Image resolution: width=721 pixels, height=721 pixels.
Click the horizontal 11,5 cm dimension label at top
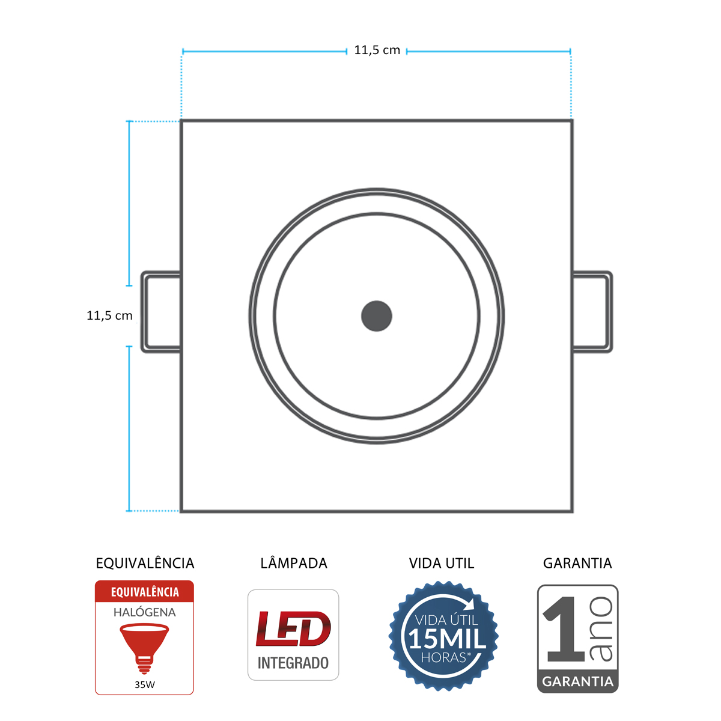click(x=377, y=50)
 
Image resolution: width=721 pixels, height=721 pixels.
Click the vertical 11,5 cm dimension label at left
click(x=109, y=315)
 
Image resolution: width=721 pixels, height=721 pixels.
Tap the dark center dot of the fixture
click(x=377, y=316)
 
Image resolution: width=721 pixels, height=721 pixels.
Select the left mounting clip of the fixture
click(x=160, y=311)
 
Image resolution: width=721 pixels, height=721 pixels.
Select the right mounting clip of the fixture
click(x=593, y=311)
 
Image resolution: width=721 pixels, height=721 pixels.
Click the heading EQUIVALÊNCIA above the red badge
click(x=145, y=564)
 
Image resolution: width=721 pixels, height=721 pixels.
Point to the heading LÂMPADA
click(x=294, y=564)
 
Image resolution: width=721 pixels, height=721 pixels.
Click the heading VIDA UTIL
click(x=442, y=564)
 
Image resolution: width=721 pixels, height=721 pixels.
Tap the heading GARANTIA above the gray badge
click(x=577, y=564)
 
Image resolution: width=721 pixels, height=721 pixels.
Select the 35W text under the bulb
click(x=145, y=684)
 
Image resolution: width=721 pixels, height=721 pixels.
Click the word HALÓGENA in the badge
click(x=145, y=612)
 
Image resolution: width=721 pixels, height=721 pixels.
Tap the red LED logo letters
click(x=293, y=628)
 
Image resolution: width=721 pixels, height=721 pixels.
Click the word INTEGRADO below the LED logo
click(x=293, y=663)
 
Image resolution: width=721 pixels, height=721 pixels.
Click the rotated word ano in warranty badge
click(x=601, y=629)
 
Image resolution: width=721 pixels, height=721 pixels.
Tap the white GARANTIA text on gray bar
click(x=577, y=682)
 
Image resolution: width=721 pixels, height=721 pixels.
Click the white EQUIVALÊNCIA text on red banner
click(x=145, y=592)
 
